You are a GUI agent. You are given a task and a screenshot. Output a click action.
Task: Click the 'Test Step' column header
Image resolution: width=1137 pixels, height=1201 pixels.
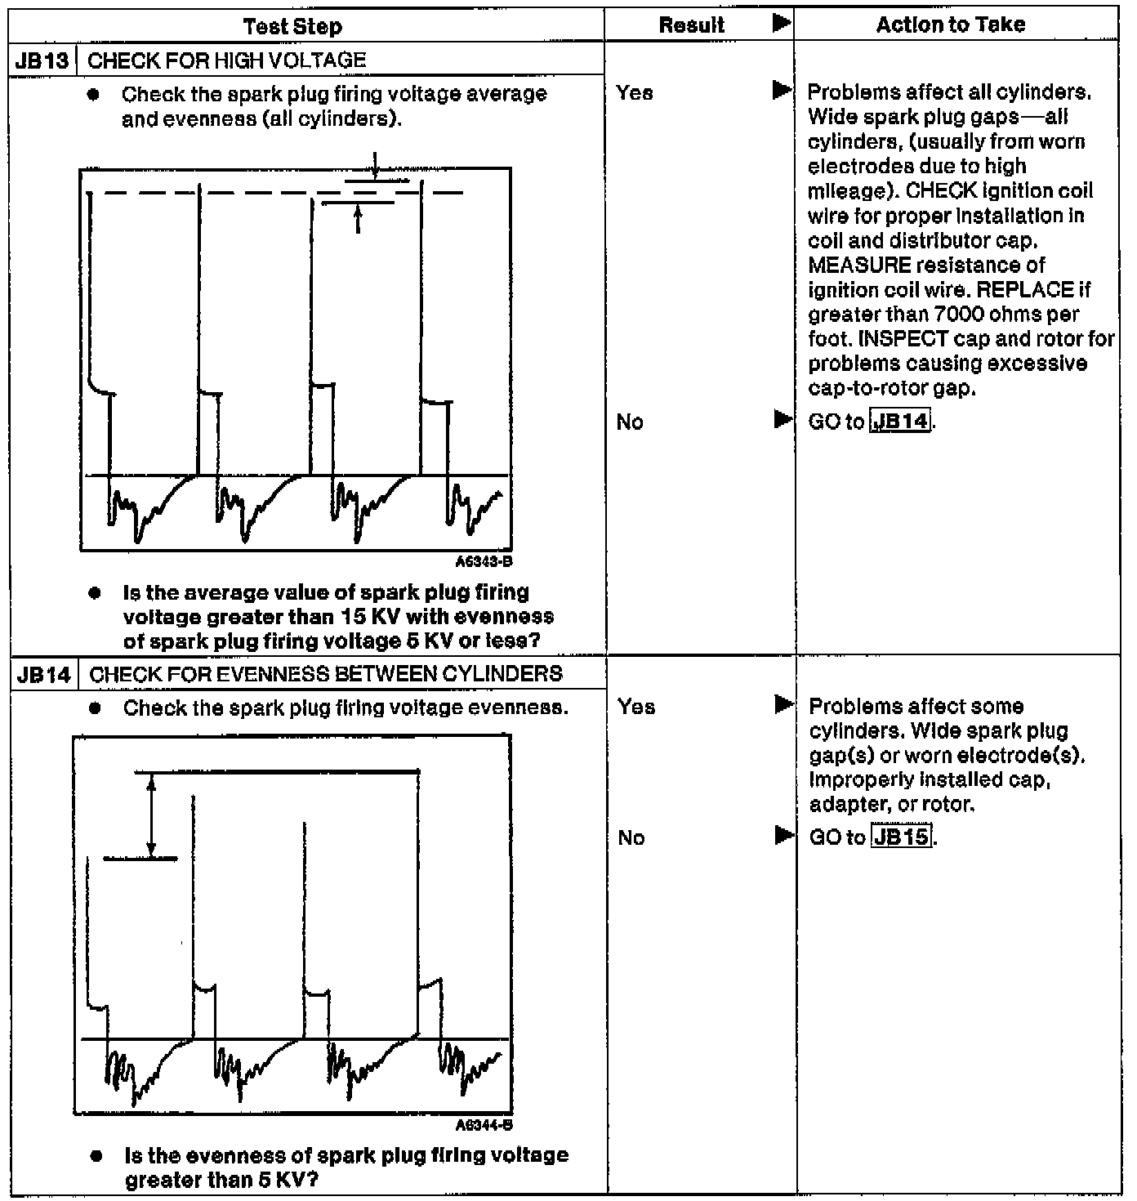point(292,27)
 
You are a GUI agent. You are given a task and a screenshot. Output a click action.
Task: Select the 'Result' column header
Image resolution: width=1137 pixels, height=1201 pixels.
point(691,25)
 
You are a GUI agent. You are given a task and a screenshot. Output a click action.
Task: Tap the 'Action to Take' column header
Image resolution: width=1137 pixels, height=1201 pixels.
point(950,25)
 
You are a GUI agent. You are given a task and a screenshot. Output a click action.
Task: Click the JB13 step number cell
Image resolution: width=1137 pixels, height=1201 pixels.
point(42,60)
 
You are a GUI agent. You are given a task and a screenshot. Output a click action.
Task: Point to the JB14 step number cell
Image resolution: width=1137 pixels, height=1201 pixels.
point(43,675)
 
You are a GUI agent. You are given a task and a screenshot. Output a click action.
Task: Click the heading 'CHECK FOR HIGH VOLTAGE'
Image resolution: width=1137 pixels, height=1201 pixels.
point(226,60)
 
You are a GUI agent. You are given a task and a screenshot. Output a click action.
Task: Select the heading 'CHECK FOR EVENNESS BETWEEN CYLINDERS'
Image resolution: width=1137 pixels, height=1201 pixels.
point(325,674)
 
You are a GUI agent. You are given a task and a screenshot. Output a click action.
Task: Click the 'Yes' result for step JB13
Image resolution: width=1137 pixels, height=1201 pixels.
point(635,93)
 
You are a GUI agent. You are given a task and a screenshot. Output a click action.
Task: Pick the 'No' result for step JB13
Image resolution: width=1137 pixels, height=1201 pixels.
point(630,422)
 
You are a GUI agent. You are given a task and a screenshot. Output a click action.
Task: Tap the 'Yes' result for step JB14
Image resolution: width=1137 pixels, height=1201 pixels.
point(636,707)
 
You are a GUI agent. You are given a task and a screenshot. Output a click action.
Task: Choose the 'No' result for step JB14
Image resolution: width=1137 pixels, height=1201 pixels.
point(631,837)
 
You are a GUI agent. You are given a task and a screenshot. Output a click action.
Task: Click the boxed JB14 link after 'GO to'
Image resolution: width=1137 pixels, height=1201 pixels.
point(900,422)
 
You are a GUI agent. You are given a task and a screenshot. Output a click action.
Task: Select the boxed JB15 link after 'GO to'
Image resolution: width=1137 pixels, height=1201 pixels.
point(902,837)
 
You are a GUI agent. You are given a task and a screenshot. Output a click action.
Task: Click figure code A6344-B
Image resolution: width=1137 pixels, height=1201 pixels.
point(484,1125)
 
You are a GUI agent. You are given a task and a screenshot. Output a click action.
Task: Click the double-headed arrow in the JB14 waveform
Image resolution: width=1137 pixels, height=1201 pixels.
point(151,815)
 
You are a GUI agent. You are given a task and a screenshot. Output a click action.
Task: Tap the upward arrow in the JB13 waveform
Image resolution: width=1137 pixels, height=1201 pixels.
point(358,218)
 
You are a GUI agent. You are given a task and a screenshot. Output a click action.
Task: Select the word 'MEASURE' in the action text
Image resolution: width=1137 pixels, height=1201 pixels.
point(859,266)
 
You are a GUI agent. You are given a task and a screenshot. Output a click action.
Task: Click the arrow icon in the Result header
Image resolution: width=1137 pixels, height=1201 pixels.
point(782,24)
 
